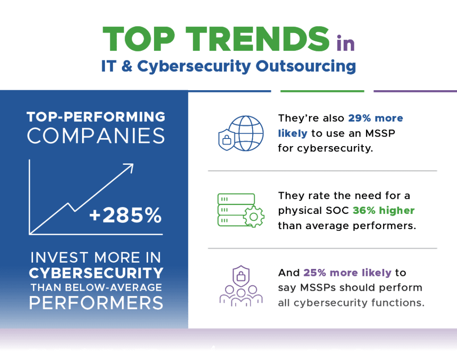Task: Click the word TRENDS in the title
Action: click(258, 39)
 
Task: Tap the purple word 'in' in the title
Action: click(346, 43)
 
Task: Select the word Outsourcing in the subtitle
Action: click(306, 66)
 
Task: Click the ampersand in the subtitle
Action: click(127, 66)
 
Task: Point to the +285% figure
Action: click(125, 215)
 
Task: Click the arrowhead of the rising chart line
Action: click(129, 167)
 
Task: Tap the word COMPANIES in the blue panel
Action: click(96, 136)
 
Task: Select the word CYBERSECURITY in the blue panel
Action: click(96, 273)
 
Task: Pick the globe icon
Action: click(246, 133)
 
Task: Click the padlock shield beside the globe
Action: click(226, 140)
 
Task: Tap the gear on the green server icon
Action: click(253, 217)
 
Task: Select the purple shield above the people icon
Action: click(241, 276)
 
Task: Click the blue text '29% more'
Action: click(376, 118)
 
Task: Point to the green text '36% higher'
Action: click(383, 210)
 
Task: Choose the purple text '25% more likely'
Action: click(347, 273)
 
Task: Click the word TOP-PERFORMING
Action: click(96, 117)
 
